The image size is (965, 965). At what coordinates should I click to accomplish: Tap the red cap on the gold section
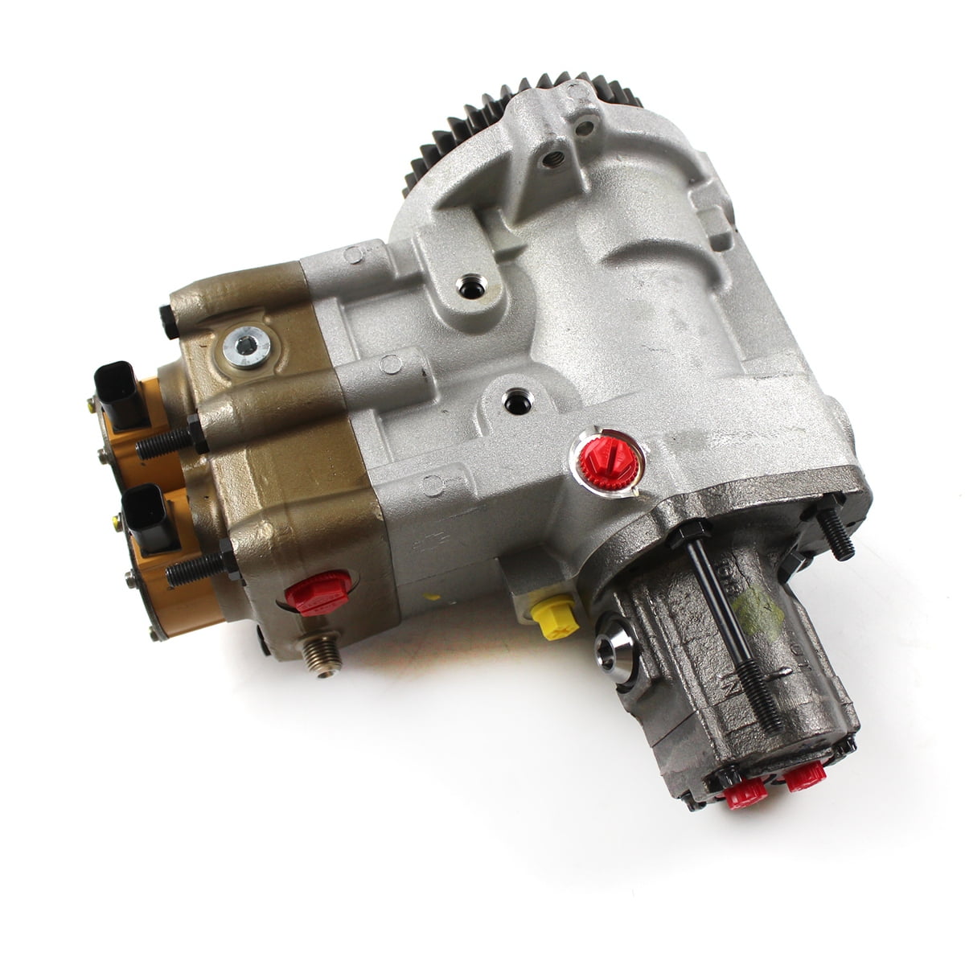[317, 593]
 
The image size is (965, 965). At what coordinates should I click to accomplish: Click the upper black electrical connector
[118, 394]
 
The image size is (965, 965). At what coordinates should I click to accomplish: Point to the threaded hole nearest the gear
[552, 158]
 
